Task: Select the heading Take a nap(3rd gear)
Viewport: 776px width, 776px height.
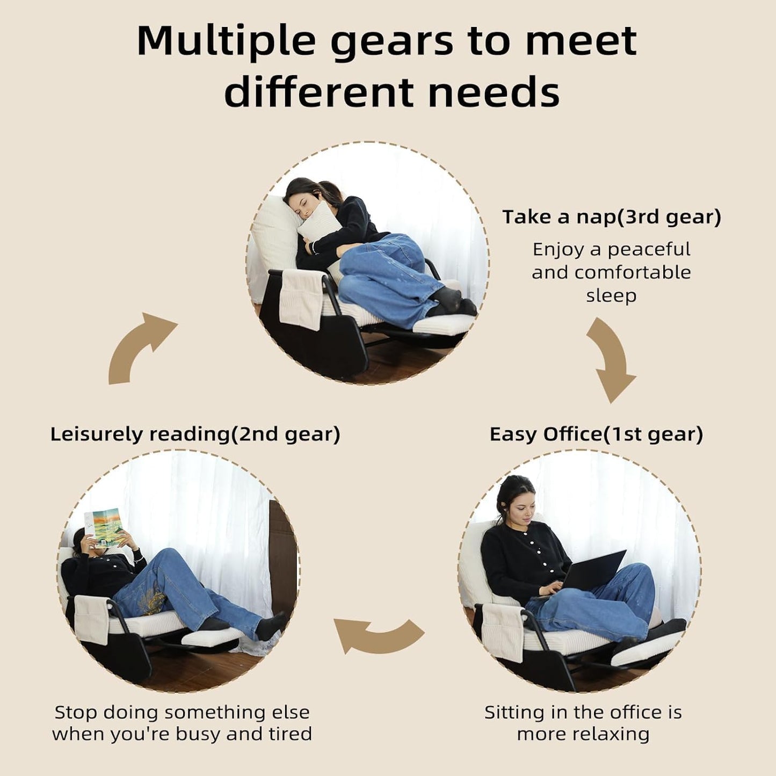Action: pos(612,217)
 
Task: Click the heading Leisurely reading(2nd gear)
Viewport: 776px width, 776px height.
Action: pos(195,434)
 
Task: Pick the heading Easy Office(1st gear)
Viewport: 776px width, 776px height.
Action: pos(597,434)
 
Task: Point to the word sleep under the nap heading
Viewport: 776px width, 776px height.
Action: pos(611,296)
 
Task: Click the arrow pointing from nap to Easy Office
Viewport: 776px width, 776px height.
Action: pos(610,360)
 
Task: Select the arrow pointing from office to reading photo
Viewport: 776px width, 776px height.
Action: pos(379,634)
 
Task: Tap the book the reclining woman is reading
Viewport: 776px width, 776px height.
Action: pos(104,528)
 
